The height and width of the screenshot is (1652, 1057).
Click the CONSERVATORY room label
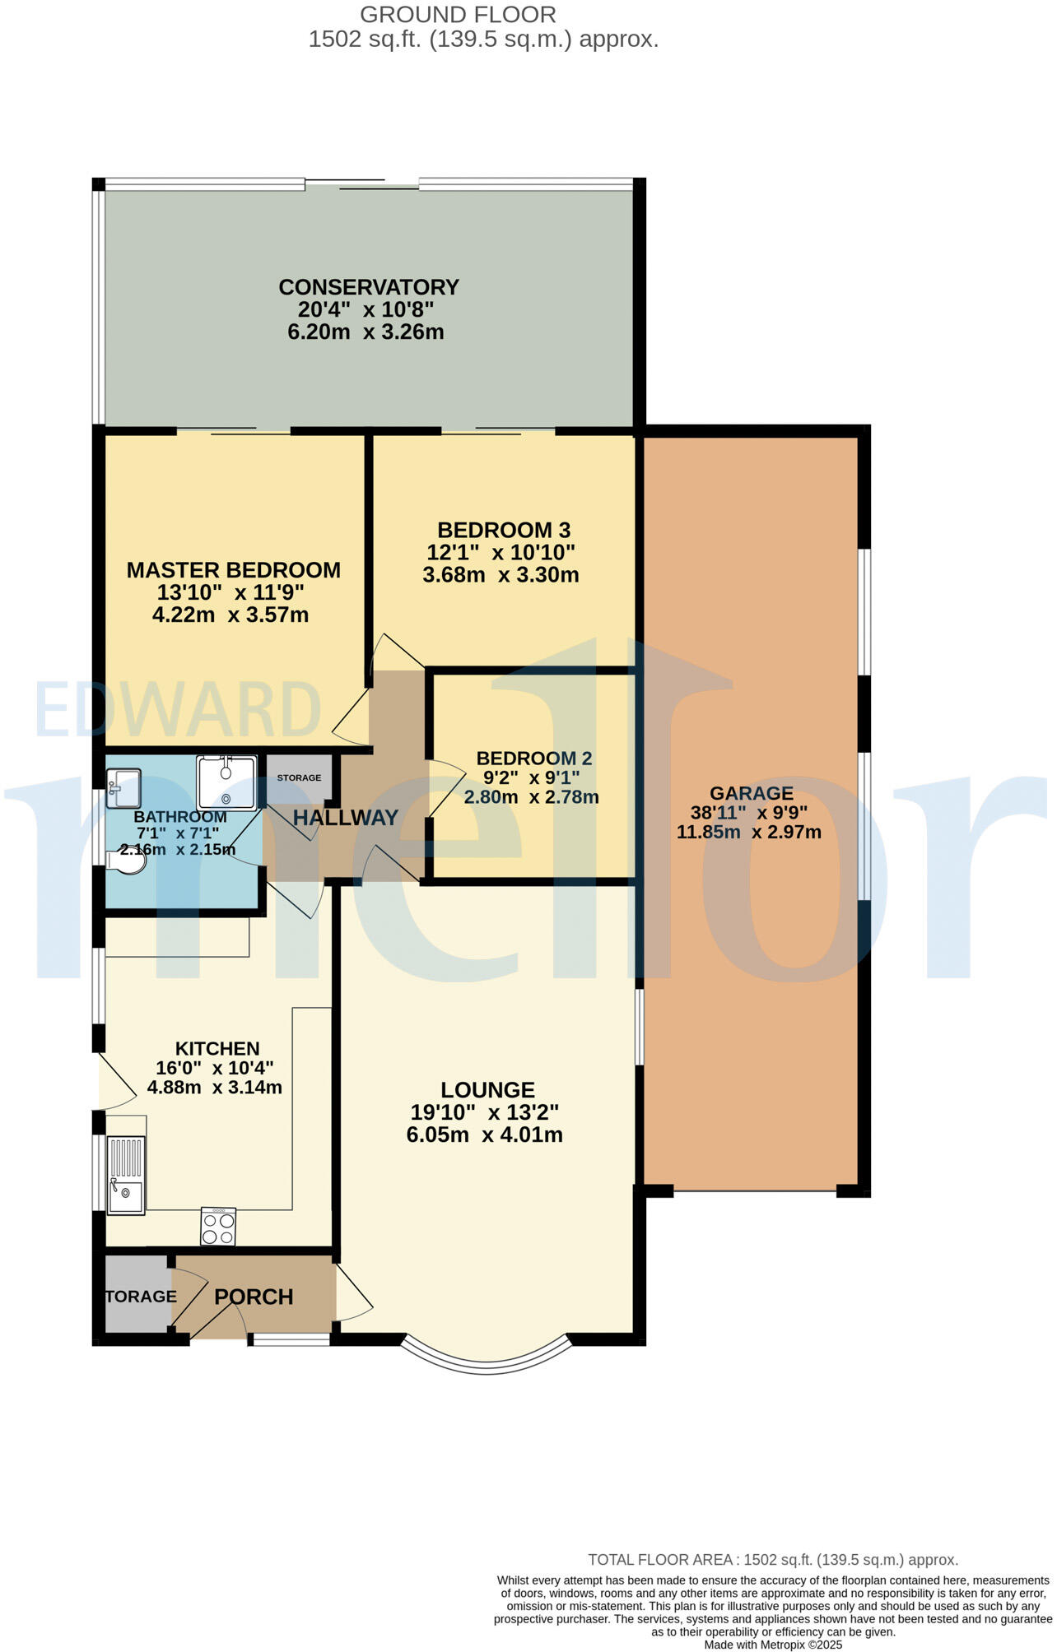pos(368,287)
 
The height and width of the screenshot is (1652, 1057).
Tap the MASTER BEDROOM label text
pos(233,570)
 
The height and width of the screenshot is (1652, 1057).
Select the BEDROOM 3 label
pos(503,530)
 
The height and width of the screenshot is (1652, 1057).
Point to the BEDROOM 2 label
pos(533,759)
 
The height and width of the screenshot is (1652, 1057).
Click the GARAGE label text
pos(751,794)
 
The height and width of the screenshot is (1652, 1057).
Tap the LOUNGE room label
pos(487,1090)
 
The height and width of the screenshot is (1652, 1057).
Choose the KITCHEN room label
pos(217,1049)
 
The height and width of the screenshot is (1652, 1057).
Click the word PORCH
pos(254,1297)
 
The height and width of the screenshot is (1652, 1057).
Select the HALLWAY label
pos(345,818)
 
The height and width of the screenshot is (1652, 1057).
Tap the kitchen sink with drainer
pos(126,1175)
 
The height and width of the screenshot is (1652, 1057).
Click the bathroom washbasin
pos(123,787)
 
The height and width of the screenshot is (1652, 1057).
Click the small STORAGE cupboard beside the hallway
pos(298,778)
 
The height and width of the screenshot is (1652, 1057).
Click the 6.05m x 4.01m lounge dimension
pos(484,1135)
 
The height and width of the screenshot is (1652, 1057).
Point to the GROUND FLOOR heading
pos(458,15)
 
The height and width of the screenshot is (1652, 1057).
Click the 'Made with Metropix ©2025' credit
pos(773,1645)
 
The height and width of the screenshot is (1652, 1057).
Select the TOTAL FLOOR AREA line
pos(772,1560)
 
